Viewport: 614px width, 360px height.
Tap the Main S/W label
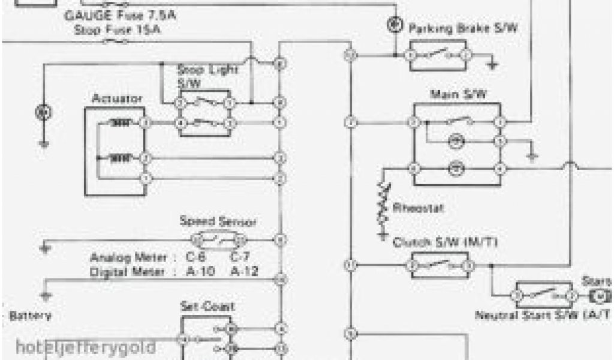click(458, 95)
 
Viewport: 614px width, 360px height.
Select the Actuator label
click(117, 98)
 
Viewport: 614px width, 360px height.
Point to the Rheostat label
click(418, 208)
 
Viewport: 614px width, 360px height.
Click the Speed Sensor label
click(218, 221)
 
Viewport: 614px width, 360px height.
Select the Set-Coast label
click(207, 306)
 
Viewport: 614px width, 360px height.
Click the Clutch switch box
click(439, 265)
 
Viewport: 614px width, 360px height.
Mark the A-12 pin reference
click(245, 271)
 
